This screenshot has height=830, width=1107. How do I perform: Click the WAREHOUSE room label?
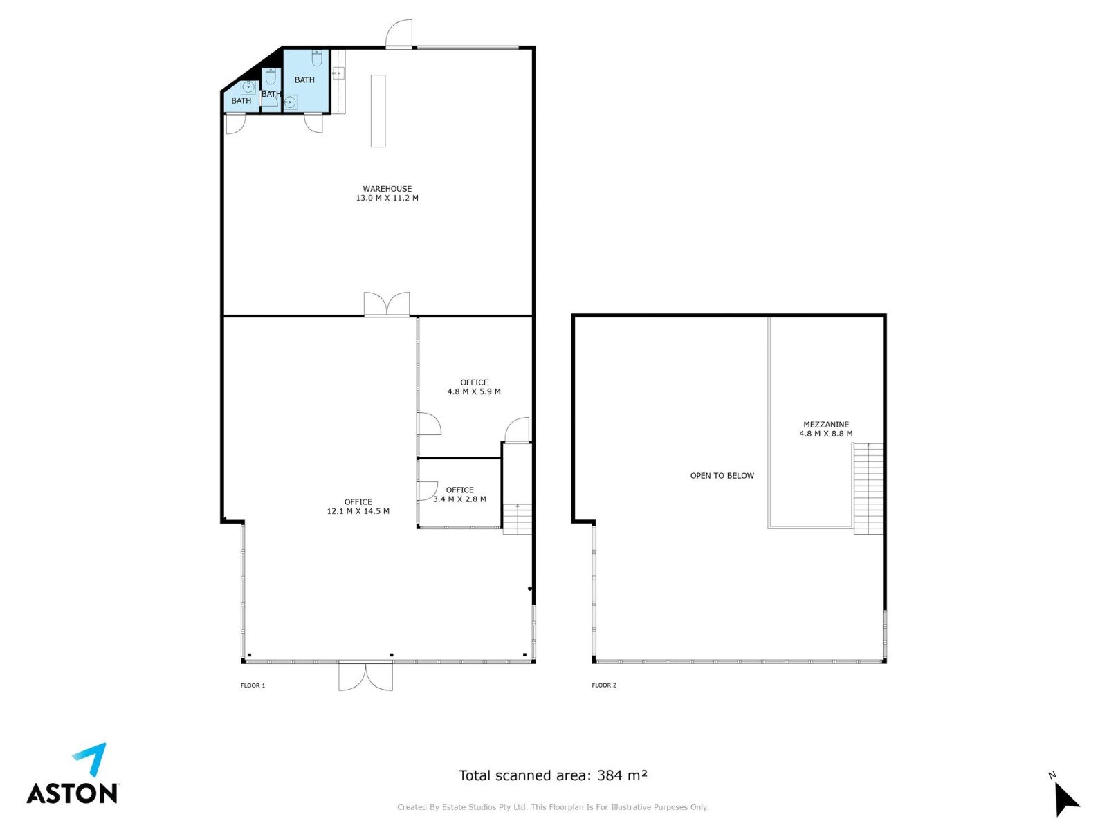click(387, 189)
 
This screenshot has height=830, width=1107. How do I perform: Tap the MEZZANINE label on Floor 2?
click(825, 424)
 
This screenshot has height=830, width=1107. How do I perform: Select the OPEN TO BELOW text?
click(722, 475)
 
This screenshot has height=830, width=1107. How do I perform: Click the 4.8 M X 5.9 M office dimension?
click(473, 391)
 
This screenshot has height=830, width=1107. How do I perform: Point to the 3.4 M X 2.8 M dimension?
click(459, 499)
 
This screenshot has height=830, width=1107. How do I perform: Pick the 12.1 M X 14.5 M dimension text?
click(358, 510)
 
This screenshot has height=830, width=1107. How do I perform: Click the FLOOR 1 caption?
click(253, 685)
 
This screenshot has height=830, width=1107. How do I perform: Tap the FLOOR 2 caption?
click(604, 685)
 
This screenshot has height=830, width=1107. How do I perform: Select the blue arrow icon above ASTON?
click(91, 758)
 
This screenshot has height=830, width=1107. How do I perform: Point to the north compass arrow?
click(1065, 798)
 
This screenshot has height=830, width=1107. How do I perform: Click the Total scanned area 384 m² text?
click(552, 775)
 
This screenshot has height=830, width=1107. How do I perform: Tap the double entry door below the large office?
click(365, 675)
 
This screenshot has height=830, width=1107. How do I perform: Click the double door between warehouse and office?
click(387, 304)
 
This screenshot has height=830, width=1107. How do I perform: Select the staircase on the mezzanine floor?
click(868, 488)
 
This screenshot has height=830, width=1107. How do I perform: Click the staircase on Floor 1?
click(518, 519)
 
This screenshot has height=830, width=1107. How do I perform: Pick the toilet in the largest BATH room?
click(317, 59)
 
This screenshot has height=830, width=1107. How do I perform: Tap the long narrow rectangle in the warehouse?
click(378, 111)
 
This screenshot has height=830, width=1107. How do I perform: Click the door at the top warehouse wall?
click(399, 34)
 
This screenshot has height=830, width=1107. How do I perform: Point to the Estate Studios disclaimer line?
click(553, 806)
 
